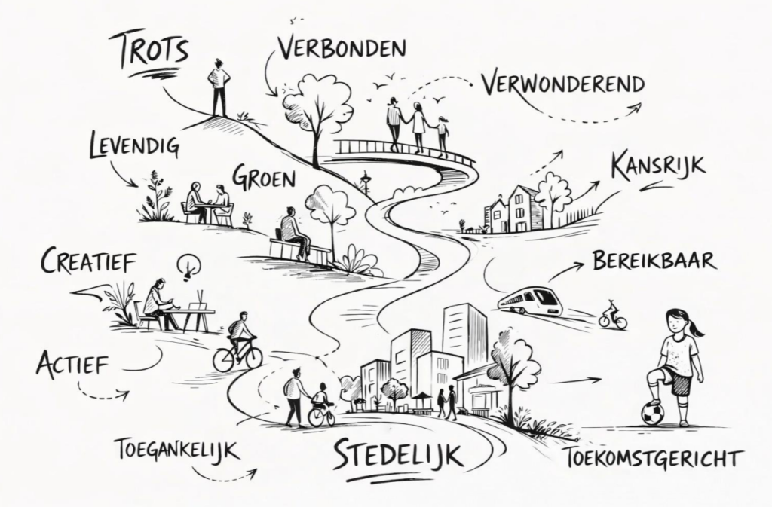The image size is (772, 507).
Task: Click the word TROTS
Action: pyautogui.click(x=153, y=50)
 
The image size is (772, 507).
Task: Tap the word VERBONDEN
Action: pyautogui.click(x=342, y=47)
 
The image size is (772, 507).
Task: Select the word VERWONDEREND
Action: pyautogui.click(x=562, y=84)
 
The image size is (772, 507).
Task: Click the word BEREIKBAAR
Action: pyautogui.click(x=654, y=260)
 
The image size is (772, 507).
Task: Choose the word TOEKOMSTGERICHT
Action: pyautogui.click(x=651, y=458)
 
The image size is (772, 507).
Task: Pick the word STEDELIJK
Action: pyautogui.click(x=398, y=455)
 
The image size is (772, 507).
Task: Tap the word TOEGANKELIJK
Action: pyautogui.click(x=177, y=450)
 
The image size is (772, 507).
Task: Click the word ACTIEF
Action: pyautogui.click(x=72, y=363)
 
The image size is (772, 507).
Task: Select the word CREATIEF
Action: pyautogui.click(x=87, y=260)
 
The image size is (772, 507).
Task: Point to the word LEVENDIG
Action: pyautogui.click(x=134, y=146)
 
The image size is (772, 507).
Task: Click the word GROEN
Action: pyautogui.click(x=263, y=178)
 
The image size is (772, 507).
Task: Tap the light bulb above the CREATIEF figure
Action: pyautogui.click(x=189, y=267)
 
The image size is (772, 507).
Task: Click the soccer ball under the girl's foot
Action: pyautogui.click(x=653, y=414)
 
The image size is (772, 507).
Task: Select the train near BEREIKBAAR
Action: pyautogui.click(x=530, y=300)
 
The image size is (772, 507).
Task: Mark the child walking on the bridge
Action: pyautogui.click(x=442, y=135)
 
